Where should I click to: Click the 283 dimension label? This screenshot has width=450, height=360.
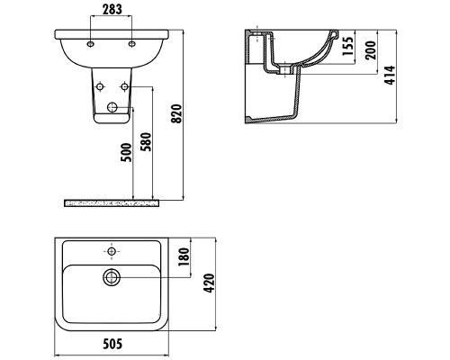point(112,9)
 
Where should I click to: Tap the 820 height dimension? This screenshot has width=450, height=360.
point(176,113)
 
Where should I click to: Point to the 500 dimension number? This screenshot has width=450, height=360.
point(126,152)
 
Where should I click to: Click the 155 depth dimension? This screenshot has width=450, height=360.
point(348,46)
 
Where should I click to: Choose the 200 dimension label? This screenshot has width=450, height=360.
point(371,50)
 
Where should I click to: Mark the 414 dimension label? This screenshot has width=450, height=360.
point(390,75)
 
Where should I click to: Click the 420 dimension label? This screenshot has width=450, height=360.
point(209,283)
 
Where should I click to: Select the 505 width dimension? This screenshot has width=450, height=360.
point(112,344)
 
